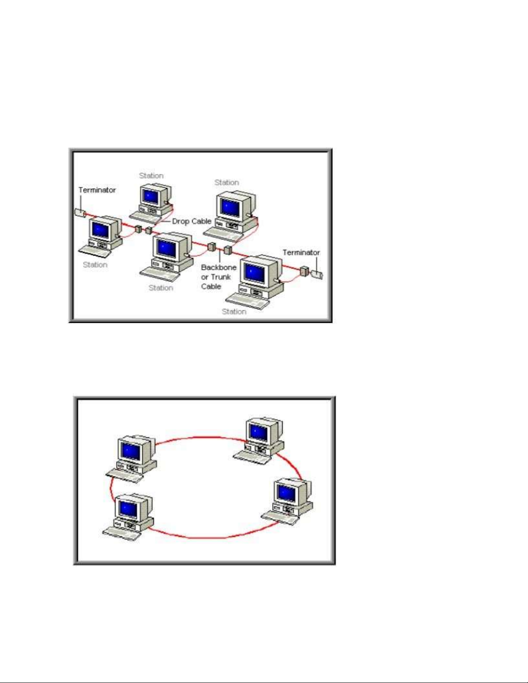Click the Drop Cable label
pyautogui.click(x=191, y=221)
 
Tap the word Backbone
pyautogui.click(x=219, y=267)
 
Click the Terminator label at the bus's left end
pyautogui.click(x=97, y=190)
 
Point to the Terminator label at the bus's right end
pyautogui.click(x=301, y=253)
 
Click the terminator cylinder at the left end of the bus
pyautogui.click(x=80, y=212)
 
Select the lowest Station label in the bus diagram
pyautogui.click(x=234, y=311)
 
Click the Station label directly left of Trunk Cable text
pyautogui.click(x=161, y=287)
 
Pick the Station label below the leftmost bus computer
pyautogui.click(x=95, y=265)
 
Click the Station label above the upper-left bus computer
pyautogui.click(x=151, y=175)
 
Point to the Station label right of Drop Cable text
pyautogui.click(x=227, y=182)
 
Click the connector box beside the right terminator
pyautogui.click(x=304, y=271)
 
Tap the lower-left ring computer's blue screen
pyautogui.click(x=128, y=509)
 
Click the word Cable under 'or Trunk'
pyautogui.click(x=211, y=286)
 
